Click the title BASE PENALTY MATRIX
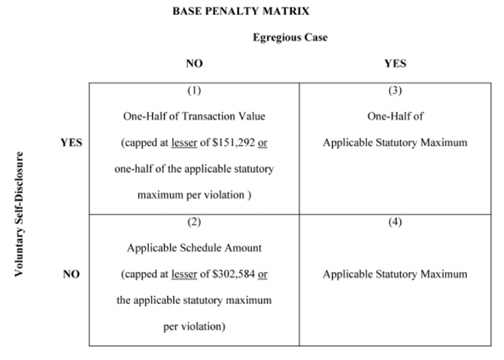241,11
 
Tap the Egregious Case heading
290,38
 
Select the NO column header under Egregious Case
194,63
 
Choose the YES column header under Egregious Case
396,63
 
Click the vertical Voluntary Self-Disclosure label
19,214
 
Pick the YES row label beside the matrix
71,142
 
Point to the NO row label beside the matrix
71,274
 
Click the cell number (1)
194,90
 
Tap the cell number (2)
194,222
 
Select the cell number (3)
395,90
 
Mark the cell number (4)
395,222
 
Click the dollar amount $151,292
234,142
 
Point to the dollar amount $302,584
234,274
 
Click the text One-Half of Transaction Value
194,116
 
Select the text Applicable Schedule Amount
194,247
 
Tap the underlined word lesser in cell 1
184,142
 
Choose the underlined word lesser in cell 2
184,274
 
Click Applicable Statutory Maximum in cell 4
395,274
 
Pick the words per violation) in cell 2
194,327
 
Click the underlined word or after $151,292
263,143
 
